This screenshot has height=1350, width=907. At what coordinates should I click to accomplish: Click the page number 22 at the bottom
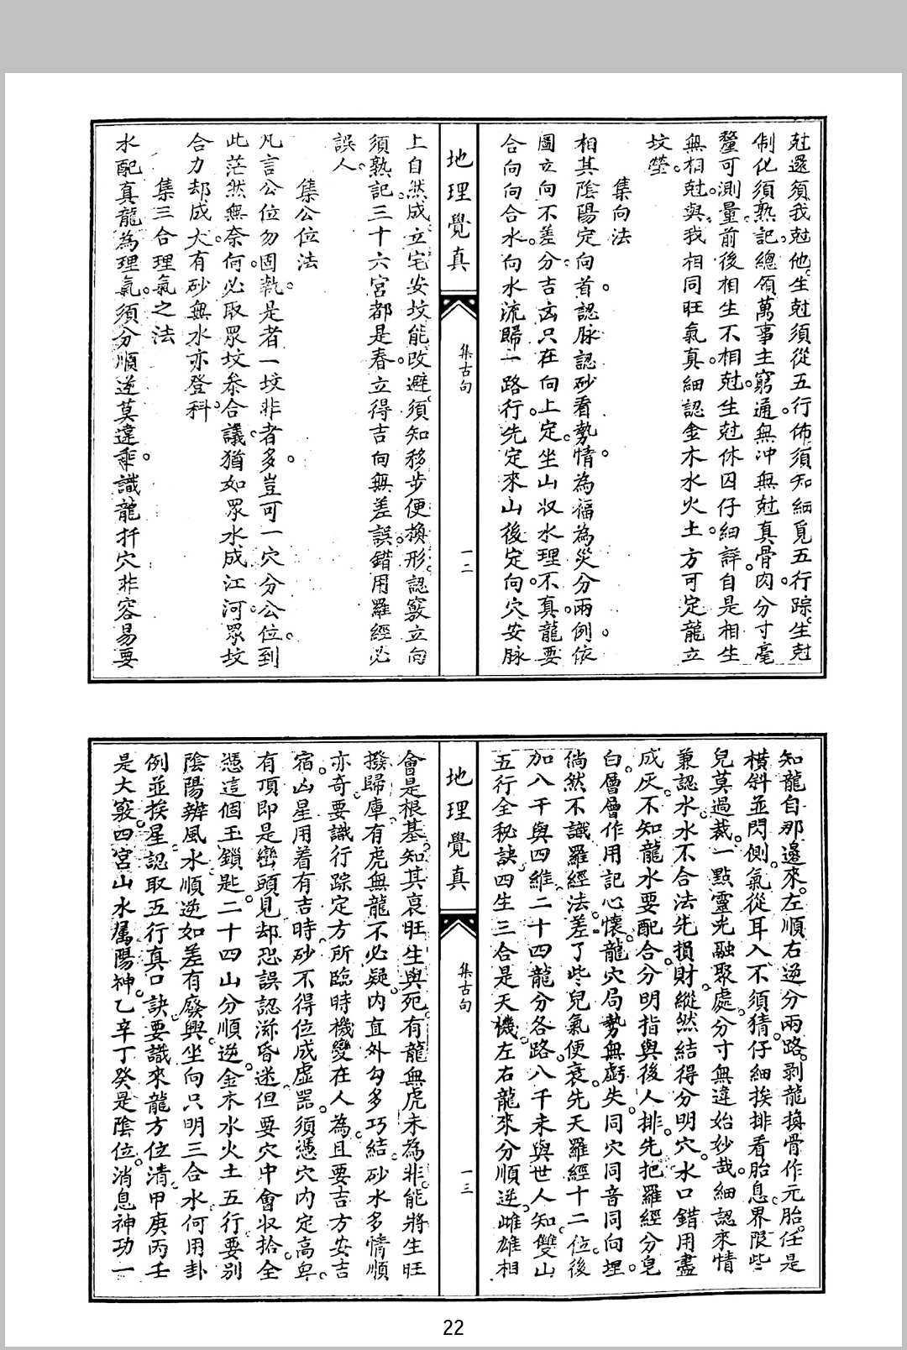coord(453,1327)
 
